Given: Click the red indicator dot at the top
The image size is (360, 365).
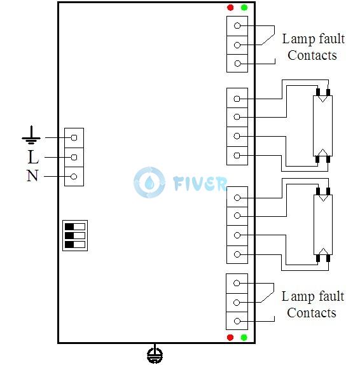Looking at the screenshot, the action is click(230, 8).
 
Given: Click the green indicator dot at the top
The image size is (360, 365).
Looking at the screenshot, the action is click(244, 8).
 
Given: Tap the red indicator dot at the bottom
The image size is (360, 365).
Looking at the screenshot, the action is click(230, 337).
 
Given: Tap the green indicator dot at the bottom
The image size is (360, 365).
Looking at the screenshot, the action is click(244, 337).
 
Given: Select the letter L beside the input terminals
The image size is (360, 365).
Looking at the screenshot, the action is click(33, 157).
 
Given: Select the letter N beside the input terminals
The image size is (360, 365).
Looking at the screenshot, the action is click(32, 176).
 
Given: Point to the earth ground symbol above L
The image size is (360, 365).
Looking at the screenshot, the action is click(31, 135).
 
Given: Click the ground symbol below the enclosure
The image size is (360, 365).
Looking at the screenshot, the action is click(155, 354).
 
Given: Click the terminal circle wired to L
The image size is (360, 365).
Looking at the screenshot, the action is click(74, 157).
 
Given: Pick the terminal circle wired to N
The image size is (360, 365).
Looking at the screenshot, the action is click(74, 177).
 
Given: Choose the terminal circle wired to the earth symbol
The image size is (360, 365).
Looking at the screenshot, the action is click(74, 138).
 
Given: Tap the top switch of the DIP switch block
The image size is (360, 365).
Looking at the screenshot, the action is click(75, 227).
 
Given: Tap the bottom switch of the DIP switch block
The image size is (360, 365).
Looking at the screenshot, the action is click(75, 244).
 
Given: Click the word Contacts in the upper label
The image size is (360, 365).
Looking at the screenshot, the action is click(312, 55).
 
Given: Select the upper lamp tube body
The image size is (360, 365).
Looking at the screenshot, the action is click(322, 126).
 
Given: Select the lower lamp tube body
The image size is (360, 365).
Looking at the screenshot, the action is click(322, 224).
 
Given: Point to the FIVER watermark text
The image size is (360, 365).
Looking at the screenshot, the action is click(200, 183).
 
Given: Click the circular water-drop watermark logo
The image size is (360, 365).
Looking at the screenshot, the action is click(149, 182).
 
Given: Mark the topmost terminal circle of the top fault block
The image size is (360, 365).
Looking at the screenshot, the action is click(237, 25).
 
